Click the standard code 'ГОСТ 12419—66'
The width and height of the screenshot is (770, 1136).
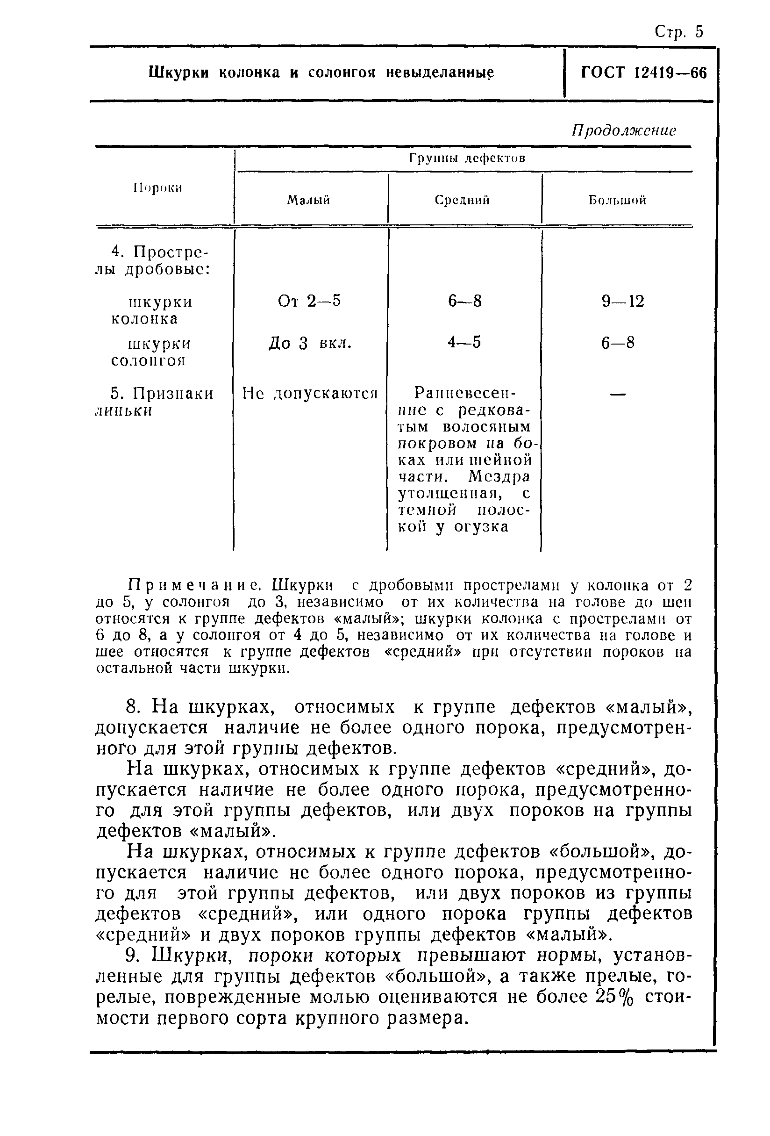pyautogui.click(x=643, y=73)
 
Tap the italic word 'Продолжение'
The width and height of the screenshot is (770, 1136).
pyautogui.click(x=624, y=130)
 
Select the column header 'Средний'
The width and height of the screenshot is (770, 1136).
pyautogui.click(x=462, y=200)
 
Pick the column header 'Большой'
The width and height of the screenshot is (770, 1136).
pyautogui.click(x=617, y=200)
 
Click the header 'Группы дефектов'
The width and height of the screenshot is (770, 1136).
pyautogui.click(x=467, y=158)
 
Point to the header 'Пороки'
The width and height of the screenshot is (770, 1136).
pyautogui.click(x=158, y=188)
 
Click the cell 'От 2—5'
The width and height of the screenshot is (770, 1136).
pyautogui.click(x=309, y=301)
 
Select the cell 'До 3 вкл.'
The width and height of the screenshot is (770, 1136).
pyautogui.click(x=310, y=344)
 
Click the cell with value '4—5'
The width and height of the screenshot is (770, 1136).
pyautogui.click(x=464, y=343)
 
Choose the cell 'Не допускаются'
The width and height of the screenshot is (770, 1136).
pyautogui.click(x=310, y=394)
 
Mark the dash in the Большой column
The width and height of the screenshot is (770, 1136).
pyautogui.click(x=618, y=394)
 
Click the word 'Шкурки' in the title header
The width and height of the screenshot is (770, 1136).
pyautogui.click(x=178, y=73)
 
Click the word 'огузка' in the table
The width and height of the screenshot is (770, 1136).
pyautogui.click(x=481, y=527)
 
